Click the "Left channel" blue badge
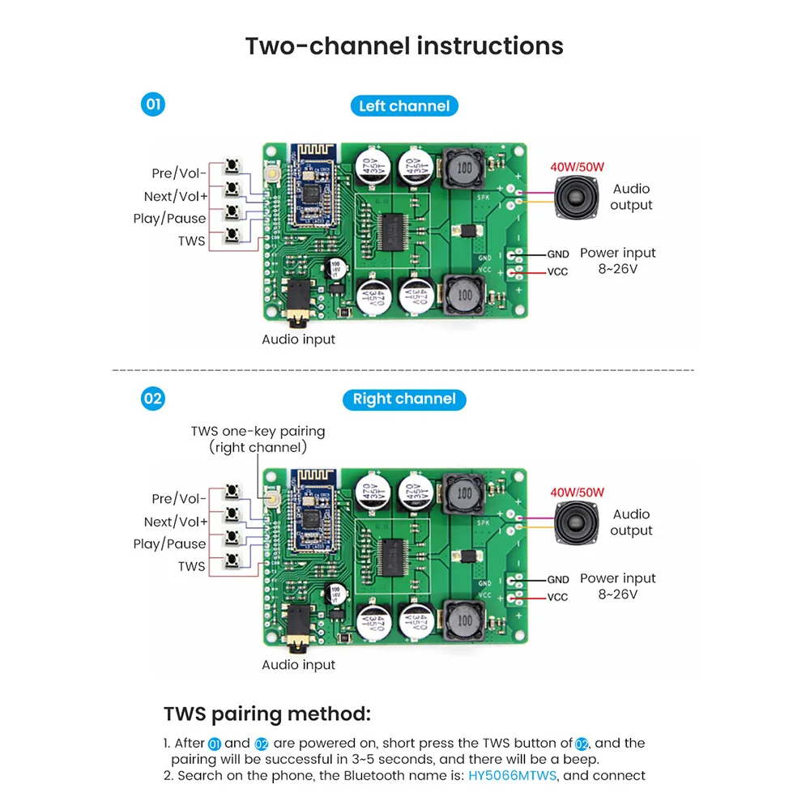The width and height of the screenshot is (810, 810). [x=404, y=106]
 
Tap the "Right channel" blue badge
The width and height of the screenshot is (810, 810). [x=404, y=399]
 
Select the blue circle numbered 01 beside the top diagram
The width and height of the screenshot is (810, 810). [x=152, y=105]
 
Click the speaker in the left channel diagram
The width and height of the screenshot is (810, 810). [x=578, y=195]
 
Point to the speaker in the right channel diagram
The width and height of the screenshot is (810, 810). [x=578, y=521]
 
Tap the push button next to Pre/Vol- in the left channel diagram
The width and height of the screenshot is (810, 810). [x=233, y=167]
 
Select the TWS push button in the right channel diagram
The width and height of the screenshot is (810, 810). [x=233, y=561]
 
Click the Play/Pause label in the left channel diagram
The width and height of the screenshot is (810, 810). [x=169, y=219]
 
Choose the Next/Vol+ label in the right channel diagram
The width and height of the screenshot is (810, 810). [x=175, y=522]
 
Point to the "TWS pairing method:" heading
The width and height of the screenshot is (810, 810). [x=267, y=714]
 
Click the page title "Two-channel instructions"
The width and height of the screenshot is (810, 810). [x=404, y=45]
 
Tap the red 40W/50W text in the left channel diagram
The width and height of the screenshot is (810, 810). [x=577, y=168]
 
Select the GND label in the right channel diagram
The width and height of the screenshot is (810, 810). [x=558, y=580]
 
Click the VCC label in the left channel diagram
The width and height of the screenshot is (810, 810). [x=558, y=272]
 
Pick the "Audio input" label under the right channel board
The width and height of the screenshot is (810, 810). [x=298, y=665]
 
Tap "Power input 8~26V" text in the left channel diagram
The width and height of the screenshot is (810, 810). [x=617, y=260]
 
